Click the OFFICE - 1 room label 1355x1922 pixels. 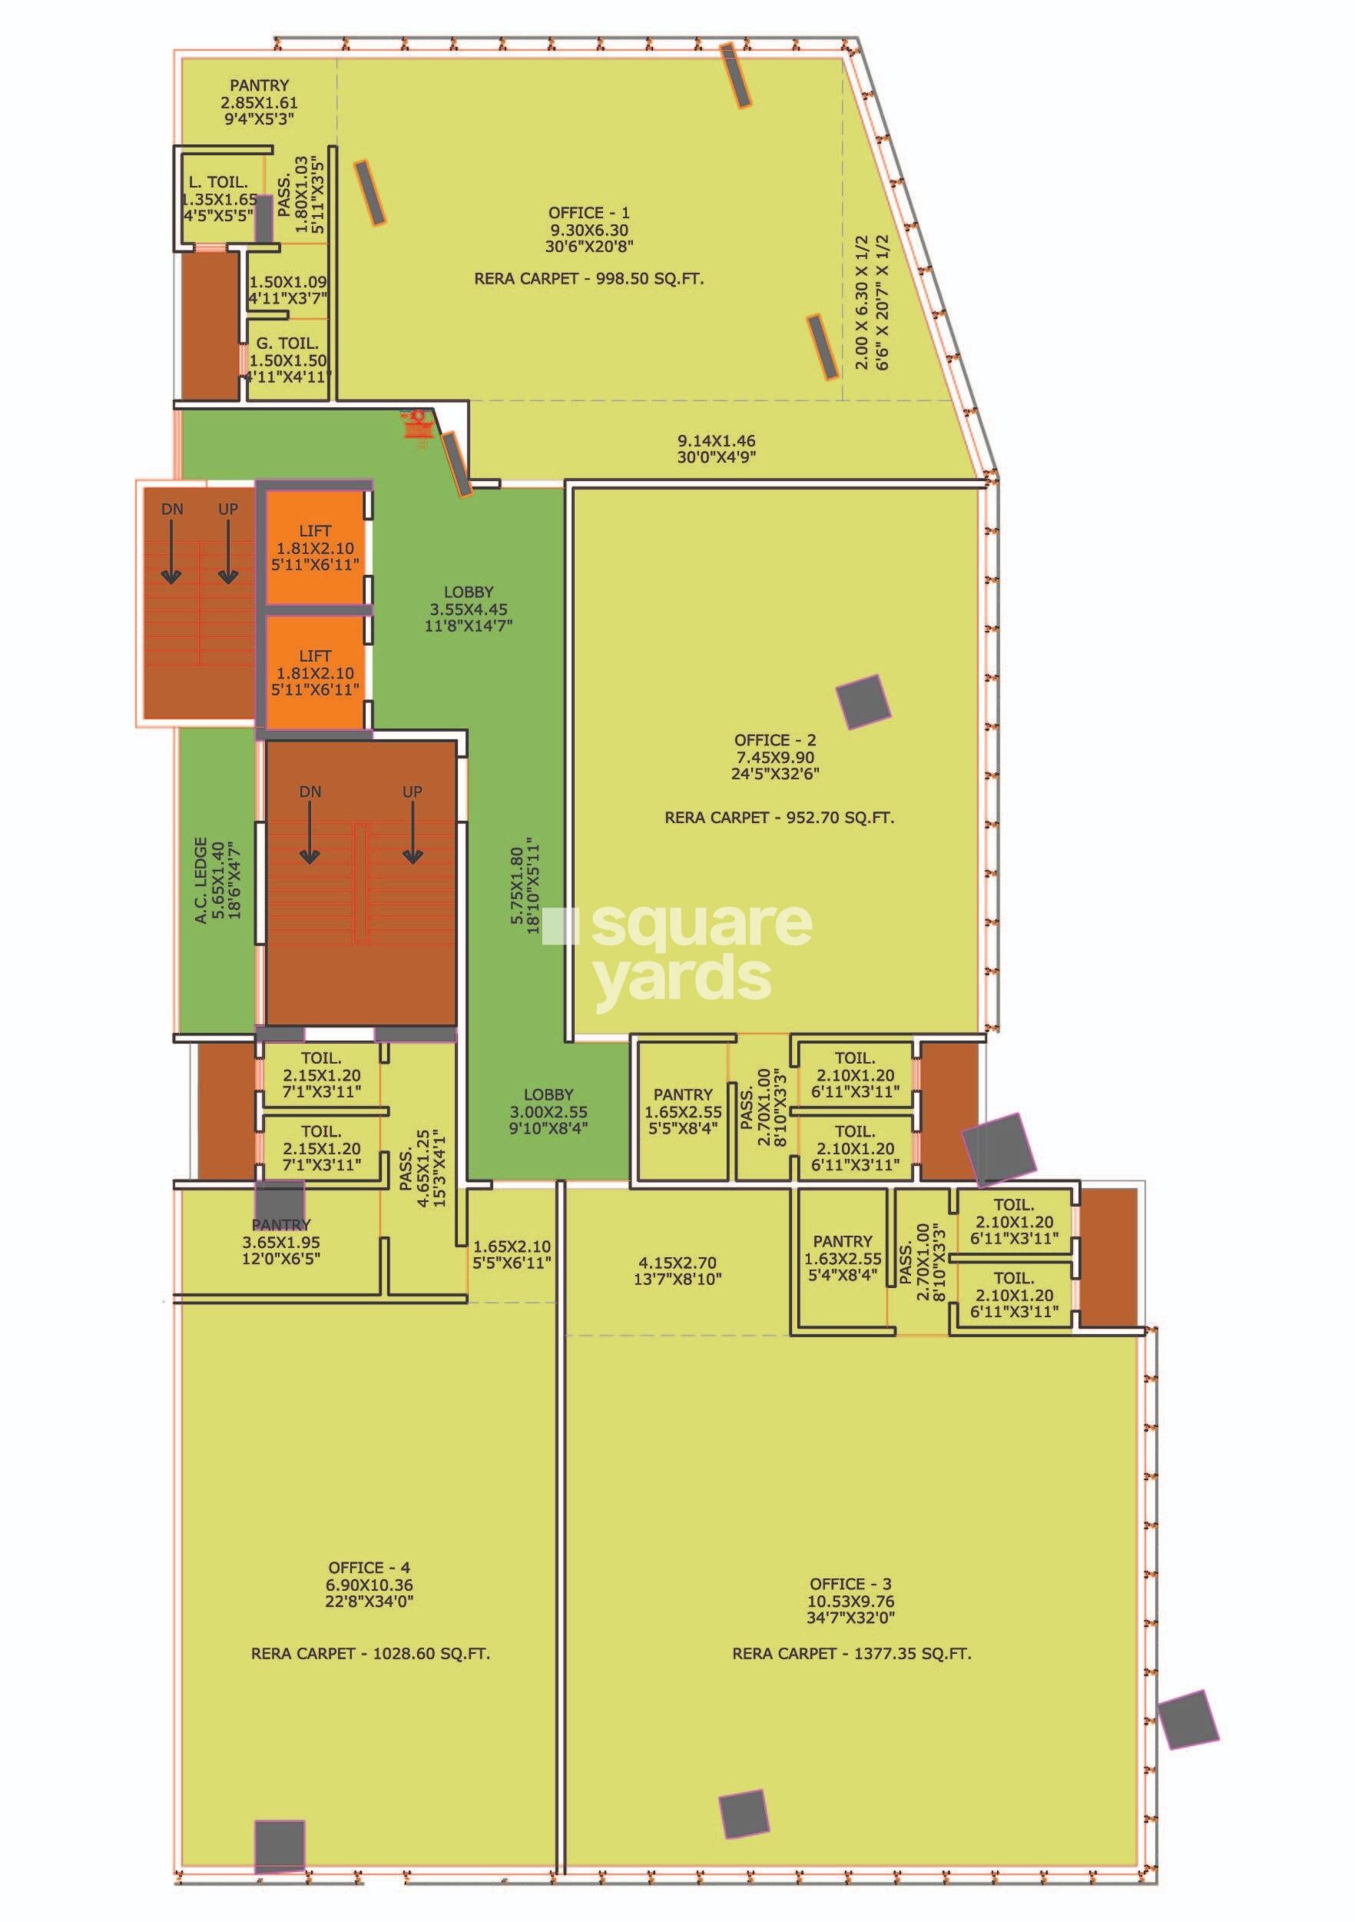[x=588, y=213]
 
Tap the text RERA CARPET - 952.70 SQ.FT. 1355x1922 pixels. [x=779, y=817]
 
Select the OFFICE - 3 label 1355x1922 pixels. [x=850, y=1583]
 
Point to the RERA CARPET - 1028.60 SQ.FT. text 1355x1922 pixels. [x=370, y=1653]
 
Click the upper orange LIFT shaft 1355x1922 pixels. [x=314, y=546]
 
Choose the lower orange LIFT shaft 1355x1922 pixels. [x=314, y=672]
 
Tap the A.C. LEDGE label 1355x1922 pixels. [x=200, y=880]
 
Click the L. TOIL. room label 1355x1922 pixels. [x=217, y=181]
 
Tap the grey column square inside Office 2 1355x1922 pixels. [x=863, y=702]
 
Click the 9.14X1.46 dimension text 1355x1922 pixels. [x=717, y=440]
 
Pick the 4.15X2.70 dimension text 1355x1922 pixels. [x=678, y=1262]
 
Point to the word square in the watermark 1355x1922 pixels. [x=701, y=925]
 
